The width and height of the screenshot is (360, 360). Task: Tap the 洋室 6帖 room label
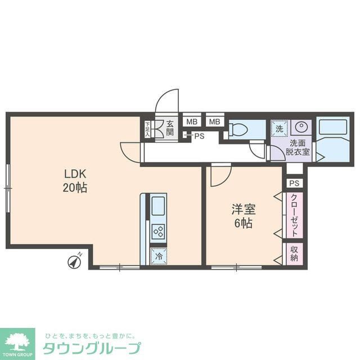244,216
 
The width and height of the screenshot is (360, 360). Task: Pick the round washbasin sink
301,128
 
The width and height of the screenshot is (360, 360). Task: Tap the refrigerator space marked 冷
158,256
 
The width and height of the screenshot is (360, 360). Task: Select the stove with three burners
158,231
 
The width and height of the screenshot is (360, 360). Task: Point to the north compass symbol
74,260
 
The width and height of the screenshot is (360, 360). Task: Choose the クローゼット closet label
295,215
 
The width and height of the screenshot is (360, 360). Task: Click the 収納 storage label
294,254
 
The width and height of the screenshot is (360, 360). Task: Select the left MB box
191,121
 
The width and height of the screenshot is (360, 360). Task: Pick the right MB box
214,121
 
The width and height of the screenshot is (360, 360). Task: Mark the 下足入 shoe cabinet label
148,129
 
